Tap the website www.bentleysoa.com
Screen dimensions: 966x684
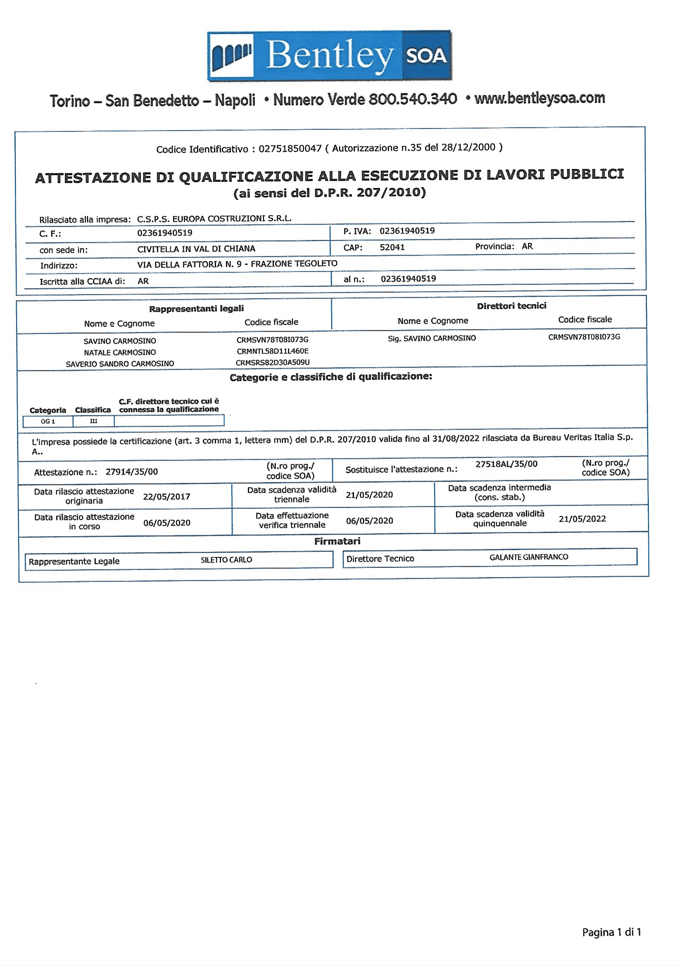[539, 98]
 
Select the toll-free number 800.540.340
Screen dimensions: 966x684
[412, 100]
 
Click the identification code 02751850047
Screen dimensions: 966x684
[290, 149]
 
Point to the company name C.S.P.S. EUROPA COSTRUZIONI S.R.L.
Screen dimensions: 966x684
[214, 218]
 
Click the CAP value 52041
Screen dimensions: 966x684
[392, 247]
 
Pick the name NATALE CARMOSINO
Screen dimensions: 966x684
[120, 352]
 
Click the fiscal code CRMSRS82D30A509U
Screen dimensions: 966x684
[273, 363]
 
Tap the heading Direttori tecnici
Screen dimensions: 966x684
[511, 306]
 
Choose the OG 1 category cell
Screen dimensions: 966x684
[47, 421]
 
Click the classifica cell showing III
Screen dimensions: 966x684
[93, 421]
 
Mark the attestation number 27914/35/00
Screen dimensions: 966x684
[131, 472]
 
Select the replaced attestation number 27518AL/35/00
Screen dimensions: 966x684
[506, 464]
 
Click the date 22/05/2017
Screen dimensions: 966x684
[166, 497]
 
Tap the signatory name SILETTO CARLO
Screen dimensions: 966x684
[226, 560]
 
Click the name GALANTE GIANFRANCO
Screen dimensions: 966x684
[529, 557]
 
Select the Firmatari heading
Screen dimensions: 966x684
[337, 541]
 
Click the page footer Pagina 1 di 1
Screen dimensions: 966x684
[611, 932]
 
